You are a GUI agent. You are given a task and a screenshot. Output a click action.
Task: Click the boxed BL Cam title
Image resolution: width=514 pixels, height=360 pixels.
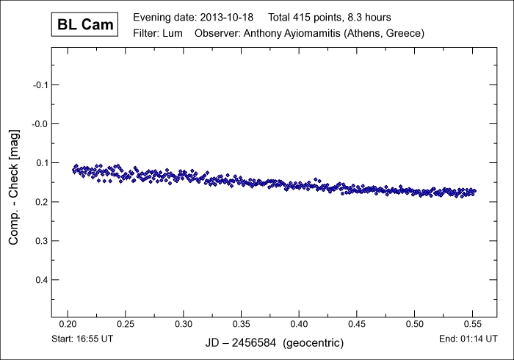[x=85, y=25]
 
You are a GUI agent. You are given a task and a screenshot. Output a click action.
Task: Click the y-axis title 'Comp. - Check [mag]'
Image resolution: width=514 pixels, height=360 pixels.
[x=14, y=184]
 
